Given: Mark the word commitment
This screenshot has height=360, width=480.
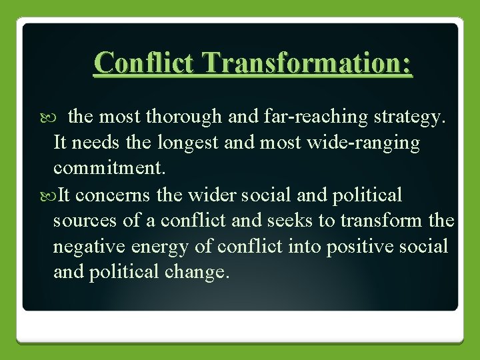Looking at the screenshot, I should click(109, 169).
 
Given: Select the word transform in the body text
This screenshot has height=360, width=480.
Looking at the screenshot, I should click(385, 221).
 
